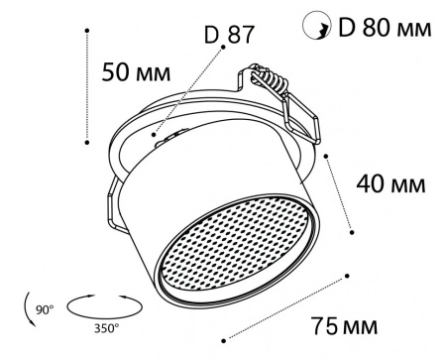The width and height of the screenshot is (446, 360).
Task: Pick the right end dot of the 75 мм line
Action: point(347,275)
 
